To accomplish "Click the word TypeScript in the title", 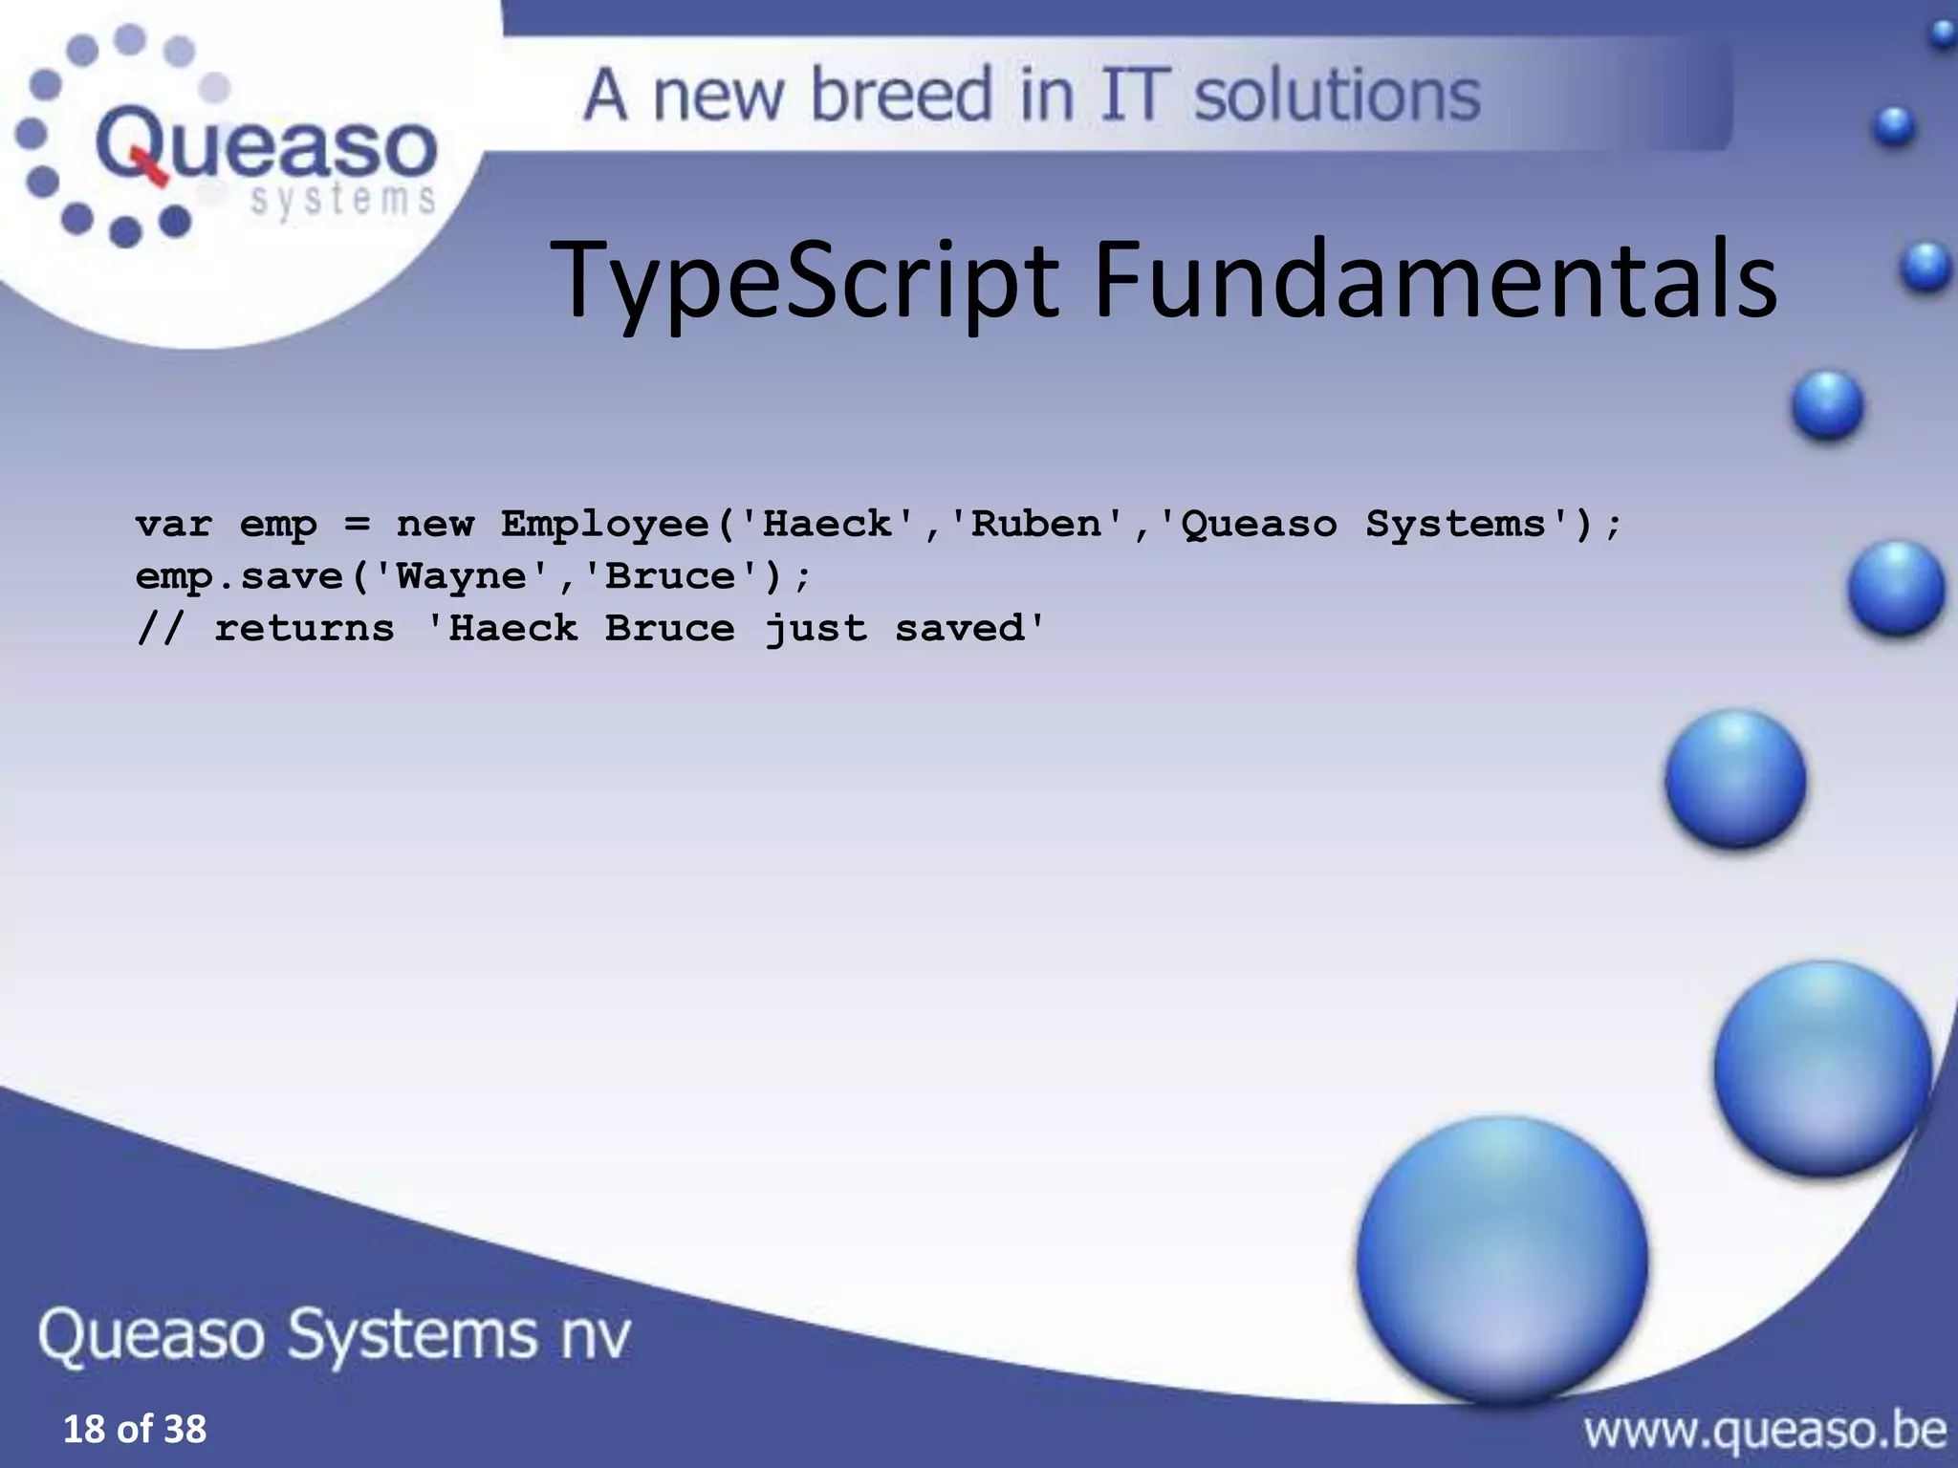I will coord(803,280).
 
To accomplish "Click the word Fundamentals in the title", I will coord(1434,280).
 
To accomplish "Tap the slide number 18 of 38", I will coord(134,1429).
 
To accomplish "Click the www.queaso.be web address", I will coord(1764,1431).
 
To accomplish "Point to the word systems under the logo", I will coord(342,201).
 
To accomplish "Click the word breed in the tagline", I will coord(902,96).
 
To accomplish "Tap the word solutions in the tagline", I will coord(1337,96).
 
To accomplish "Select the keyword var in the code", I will coord(173,525).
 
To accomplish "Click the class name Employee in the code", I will coord(605,525).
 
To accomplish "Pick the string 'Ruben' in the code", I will coord(1036,525).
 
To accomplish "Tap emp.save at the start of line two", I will coord(239,576).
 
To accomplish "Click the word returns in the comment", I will coord(304,629).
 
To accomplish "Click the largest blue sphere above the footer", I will coord(1502,1259).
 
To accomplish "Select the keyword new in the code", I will coord(435,525).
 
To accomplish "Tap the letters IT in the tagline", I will coord(1134,96).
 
